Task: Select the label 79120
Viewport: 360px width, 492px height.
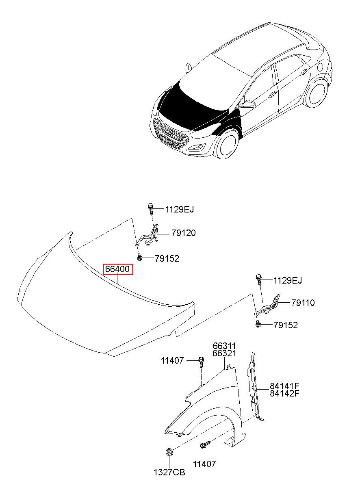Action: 183,233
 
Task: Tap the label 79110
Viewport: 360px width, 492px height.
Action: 303,303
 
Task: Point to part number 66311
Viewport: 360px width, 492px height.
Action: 224,346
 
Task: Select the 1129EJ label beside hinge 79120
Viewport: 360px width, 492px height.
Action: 180,210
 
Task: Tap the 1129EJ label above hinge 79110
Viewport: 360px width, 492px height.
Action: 288,280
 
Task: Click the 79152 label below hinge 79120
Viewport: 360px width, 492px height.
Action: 167,258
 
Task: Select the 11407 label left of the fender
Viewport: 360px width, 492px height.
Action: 172,360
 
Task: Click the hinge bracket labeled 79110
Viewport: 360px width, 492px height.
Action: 269,306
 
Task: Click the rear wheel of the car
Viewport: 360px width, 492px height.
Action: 315,94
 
